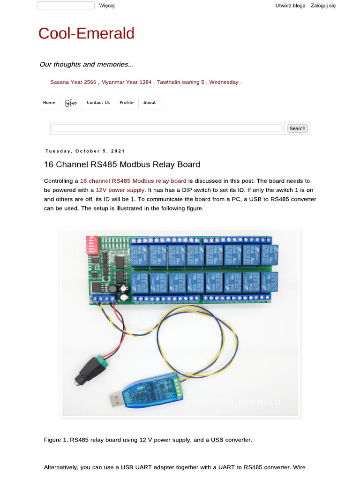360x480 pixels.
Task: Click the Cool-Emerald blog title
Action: pos(86,33)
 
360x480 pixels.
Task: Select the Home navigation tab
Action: pos(49,103)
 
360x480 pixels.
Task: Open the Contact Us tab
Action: pos(98,103)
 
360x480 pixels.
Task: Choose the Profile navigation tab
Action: pos(126,103)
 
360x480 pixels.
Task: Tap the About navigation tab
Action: pos(150,103)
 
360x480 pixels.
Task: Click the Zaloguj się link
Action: pos(323,6)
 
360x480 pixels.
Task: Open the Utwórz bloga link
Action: pos(291,6)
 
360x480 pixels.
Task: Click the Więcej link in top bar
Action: pos(107,6)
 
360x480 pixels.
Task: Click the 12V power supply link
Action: pos(120,190)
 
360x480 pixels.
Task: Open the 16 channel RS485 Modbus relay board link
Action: pos(133,180)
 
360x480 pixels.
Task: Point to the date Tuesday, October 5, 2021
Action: pos(85,151)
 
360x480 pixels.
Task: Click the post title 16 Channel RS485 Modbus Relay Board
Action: pos(122,165)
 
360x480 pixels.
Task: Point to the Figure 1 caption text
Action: pos(148,440)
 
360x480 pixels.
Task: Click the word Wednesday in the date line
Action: pos(224,82)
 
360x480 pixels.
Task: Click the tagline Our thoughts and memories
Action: pos(87,64)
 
